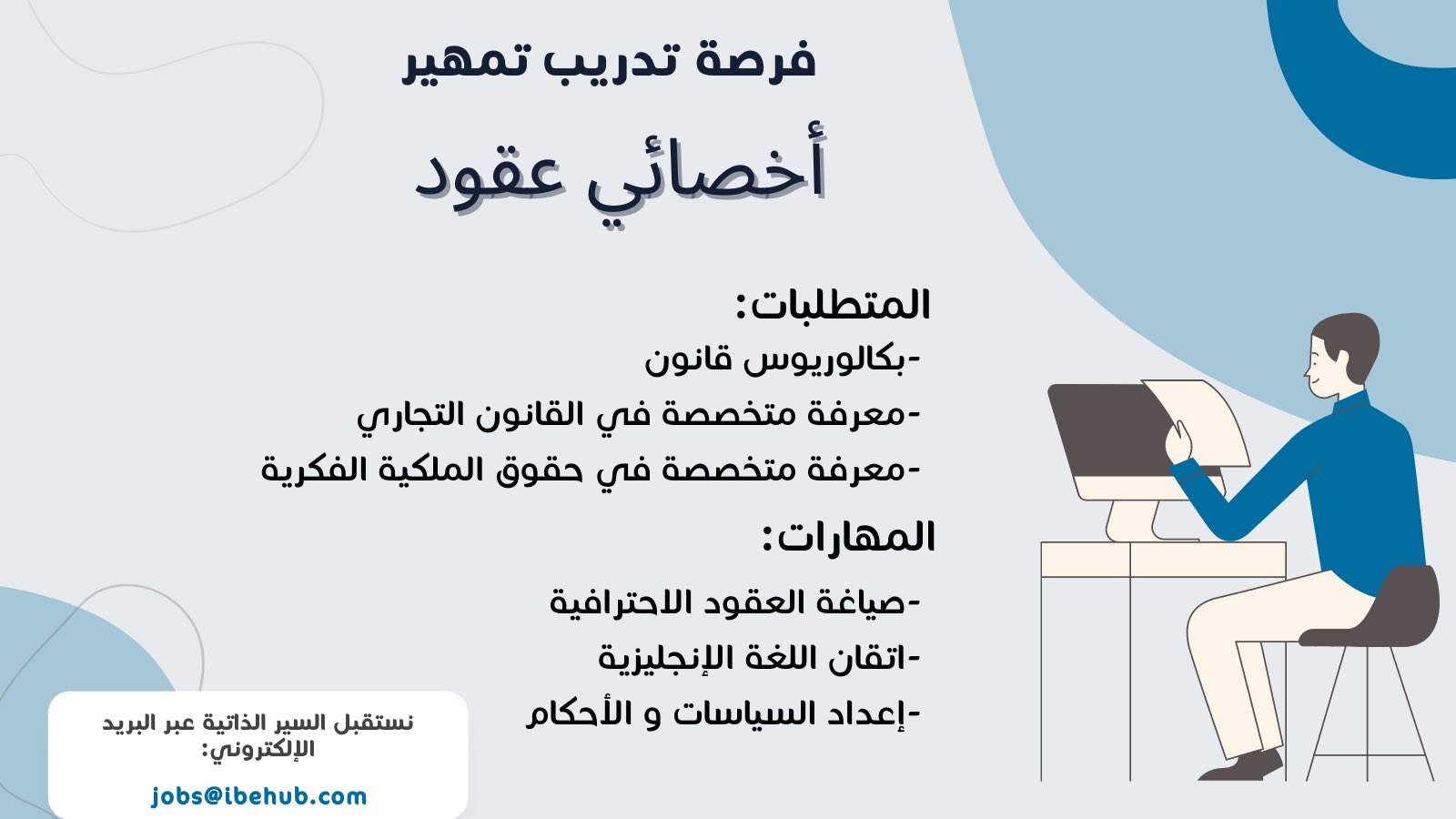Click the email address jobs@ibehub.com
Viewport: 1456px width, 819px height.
[259, 796]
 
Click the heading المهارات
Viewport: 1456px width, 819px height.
[848, 537]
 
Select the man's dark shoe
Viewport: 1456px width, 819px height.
[1240, 766]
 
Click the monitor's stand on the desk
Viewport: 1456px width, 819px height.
[1134, 520]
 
